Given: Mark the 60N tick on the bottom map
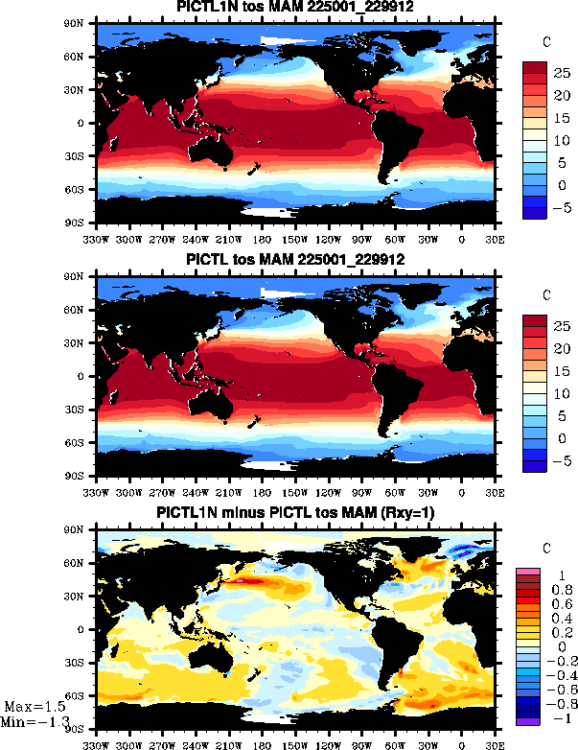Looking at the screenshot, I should pos(82,563).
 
